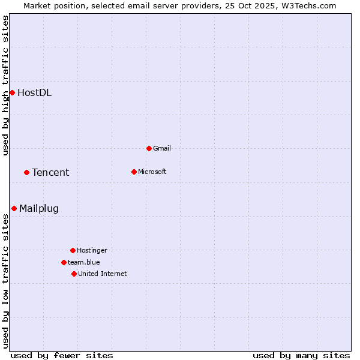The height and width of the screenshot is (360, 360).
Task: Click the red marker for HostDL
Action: (x=12, y=92)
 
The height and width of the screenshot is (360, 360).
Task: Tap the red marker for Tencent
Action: (x=26, y=172)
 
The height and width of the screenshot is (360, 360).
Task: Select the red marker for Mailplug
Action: (x=14, y=208)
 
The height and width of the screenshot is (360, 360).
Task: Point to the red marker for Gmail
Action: (x=149, y=148)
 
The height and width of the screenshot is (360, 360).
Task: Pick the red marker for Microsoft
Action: (x=134, y=172)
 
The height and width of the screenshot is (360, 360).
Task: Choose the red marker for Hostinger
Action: (x=73, y=250)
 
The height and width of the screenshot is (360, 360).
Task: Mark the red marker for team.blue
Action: (x=64, y=262)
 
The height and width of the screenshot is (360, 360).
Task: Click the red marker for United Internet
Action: (x=74, y=274)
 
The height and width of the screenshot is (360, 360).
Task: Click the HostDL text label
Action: (x=34, y=92)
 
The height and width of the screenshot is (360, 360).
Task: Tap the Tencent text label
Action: (x=50, y=172)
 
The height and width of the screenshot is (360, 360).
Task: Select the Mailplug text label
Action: (x=39, y=209)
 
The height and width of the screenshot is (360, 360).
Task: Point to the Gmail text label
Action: (x=162, y=148)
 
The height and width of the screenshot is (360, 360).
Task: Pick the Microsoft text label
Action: (x=152, y=172)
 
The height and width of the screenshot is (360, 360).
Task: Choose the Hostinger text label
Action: (x=92, y=250)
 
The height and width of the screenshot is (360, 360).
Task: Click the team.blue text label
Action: (x=83, y=262)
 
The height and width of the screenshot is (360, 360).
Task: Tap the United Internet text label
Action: (x=102, y=274)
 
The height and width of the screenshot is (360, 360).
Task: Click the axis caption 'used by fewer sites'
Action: (x=62, y=355)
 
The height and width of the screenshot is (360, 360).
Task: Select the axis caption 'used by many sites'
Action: (x=301, y=355)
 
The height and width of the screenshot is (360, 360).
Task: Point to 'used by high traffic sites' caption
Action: (x=5, y=85)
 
